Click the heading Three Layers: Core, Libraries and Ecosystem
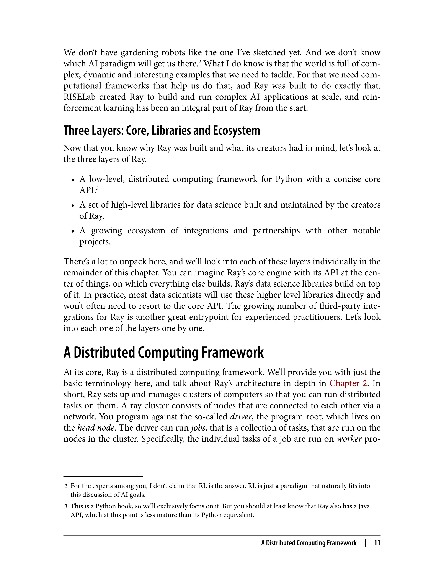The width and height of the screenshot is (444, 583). [x=162, y=130]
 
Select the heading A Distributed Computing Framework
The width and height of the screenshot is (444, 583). [x=164, y=352]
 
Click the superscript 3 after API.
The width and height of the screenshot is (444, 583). [x=97, y=188]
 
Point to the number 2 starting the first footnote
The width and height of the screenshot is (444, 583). [x=66, y=486]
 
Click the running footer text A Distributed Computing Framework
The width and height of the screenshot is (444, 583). [x=309, y=543]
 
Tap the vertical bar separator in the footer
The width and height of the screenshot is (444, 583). [x=365, y=543]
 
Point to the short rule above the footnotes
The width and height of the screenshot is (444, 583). [x=103, y=476]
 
